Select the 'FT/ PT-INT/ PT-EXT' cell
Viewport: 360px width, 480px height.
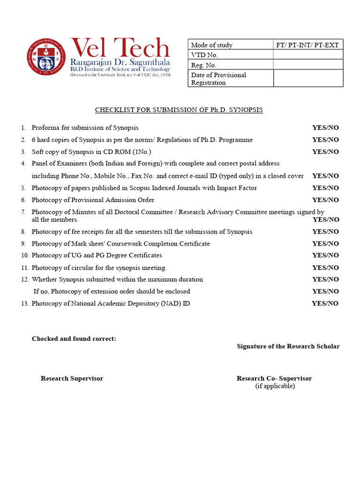point(308,45)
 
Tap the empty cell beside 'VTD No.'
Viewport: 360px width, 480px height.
point(308,55)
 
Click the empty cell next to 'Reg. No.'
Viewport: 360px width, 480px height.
point(308,65)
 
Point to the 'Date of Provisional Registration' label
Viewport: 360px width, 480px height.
point(218,79)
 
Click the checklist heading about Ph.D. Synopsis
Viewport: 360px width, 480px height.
point(179,110)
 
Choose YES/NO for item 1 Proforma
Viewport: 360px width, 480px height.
point(325,128)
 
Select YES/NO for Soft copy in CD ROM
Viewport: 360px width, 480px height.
point(325,152)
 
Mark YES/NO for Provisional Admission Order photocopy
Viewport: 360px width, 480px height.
point(325,200)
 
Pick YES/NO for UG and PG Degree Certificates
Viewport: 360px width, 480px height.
point(325,255)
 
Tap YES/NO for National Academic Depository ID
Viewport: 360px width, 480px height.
point(325,304)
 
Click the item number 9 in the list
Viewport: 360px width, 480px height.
point(23,244)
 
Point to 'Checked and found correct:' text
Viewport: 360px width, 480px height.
point(74,339)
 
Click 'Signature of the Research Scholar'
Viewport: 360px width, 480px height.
point(288,346)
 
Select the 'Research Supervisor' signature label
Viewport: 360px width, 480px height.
point(72,379)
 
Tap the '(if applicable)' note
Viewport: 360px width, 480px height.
point(275,386)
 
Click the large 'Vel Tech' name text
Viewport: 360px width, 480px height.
point(120,47)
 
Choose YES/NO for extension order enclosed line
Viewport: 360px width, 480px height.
point(325,292)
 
